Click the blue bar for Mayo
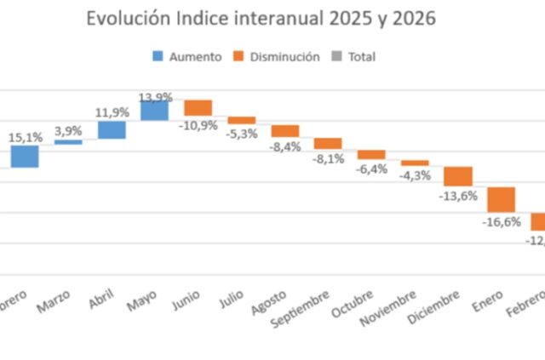click(x=154, y=111)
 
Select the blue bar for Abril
click(x=112, y=129)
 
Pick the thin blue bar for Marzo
click(x=68, y=142)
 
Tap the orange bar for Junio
click(x=198, y=108)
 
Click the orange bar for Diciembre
click(x=458, y=176)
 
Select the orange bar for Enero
click(x=502, y=199)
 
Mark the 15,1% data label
click(x=25, y=135)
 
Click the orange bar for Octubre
click(x=371, y=155)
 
